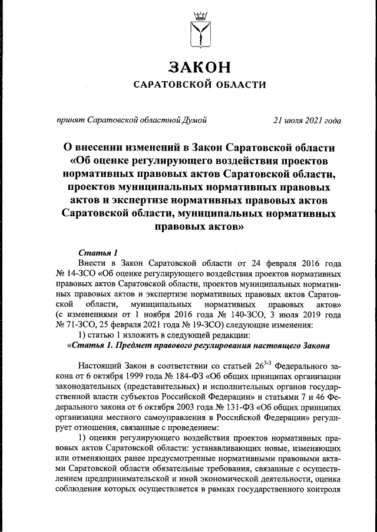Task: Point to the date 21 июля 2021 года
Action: [x=307, y=122]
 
